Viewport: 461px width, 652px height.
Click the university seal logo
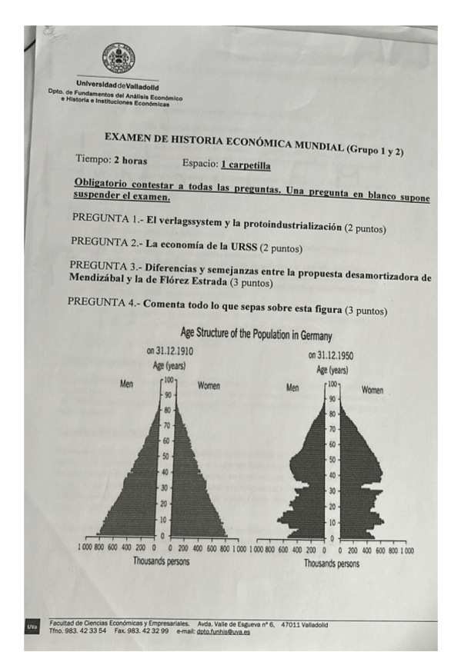[x=118, y=58]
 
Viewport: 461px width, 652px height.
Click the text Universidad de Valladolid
[x=117, y=84]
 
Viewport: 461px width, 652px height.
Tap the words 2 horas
[x=130, y=161]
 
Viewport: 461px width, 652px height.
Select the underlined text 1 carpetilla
[x=246, y=165]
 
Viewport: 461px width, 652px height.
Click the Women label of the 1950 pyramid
[x=372, y=390]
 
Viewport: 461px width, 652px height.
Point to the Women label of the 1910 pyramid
[x=209, y=384]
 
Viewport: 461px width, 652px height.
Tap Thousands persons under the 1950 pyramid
[x=331, y=563]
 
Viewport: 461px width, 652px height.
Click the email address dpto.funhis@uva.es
[x=223, y=632]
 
